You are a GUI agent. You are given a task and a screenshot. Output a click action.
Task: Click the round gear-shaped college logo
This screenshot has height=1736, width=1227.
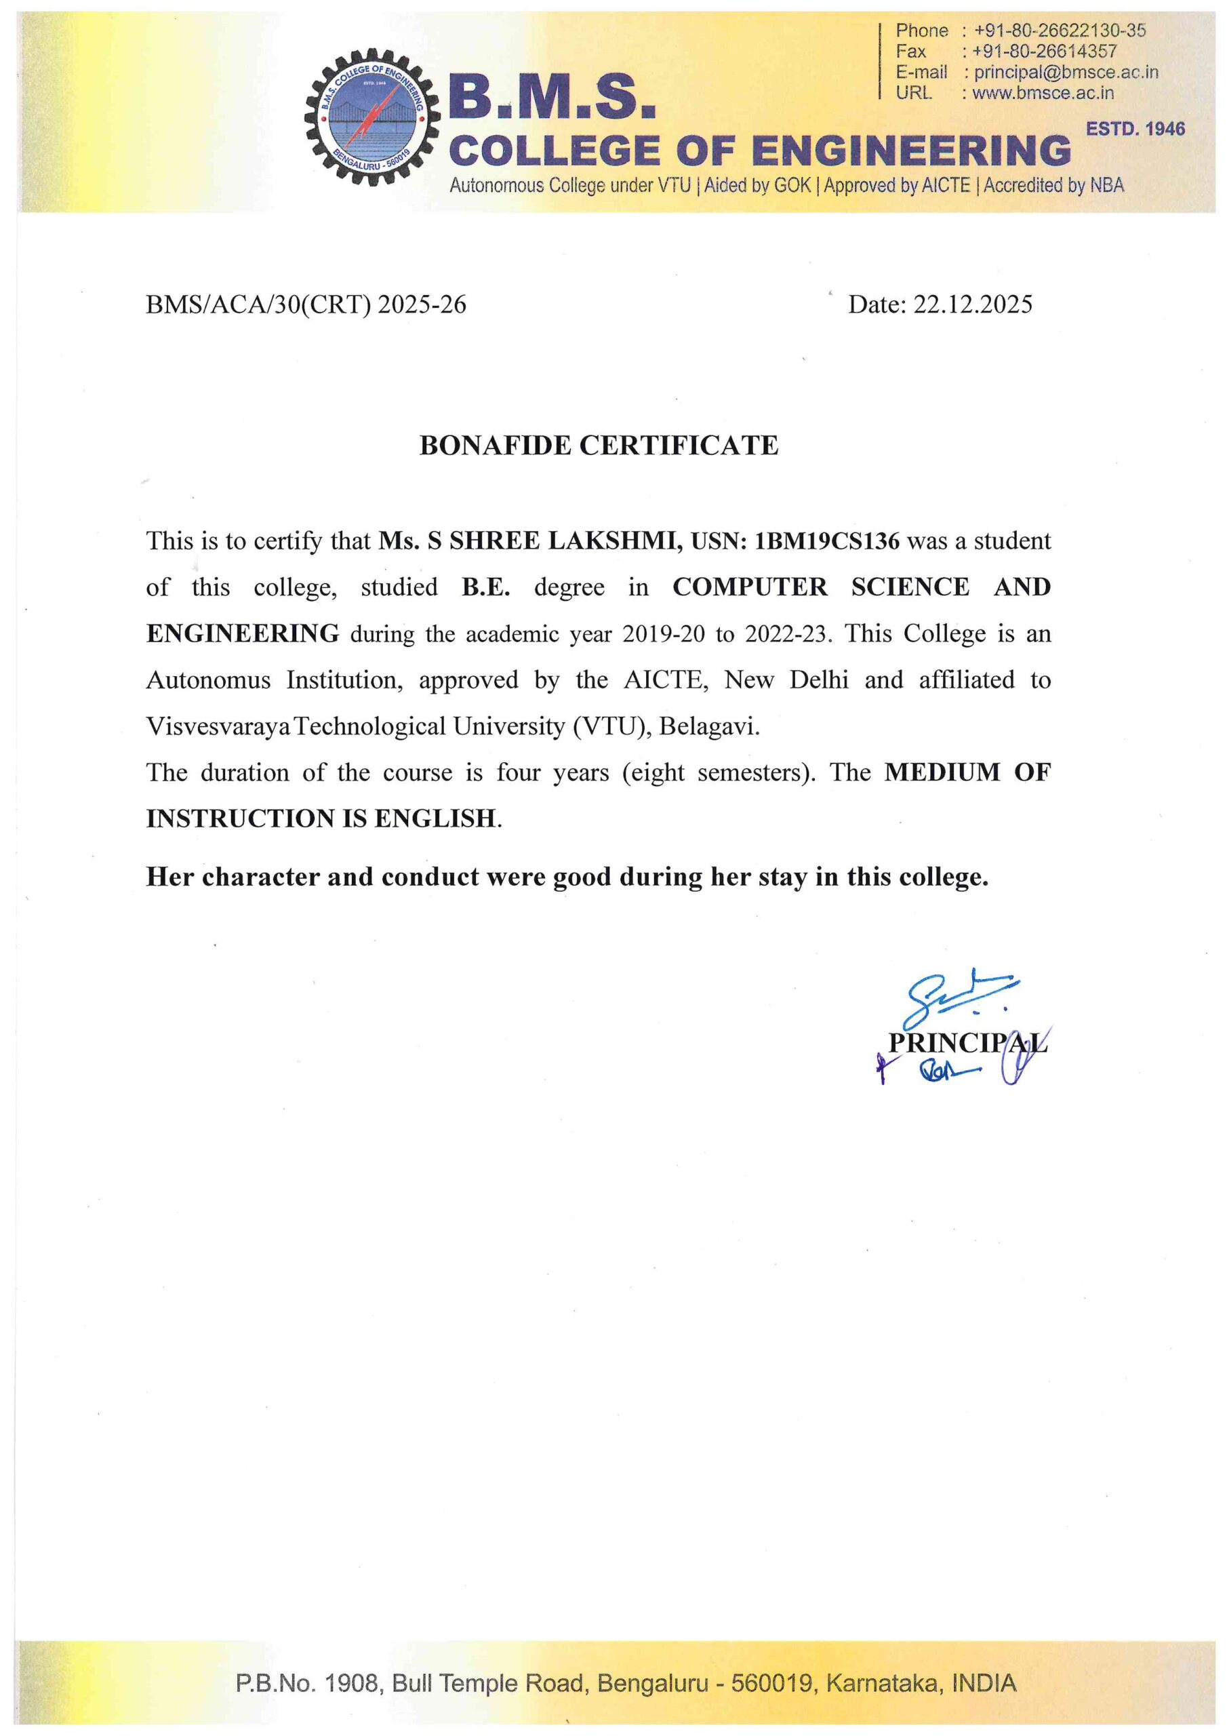(x=371, y=117)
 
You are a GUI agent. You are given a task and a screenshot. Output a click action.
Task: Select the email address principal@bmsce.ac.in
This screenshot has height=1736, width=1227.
(x=1065, y=73)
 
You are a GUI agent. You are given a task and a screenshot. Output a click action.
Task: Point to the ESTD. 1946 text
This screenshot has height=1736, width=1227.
(x=1135, y=130)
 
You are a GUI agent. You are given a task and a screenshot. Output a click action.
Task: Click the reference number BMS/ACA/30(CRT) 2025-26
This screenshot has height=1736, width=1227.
(x=306, y=304)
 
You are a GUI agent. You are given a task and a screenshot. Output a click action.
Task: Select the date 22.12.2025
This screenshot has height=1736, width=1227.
(x=972, y=304)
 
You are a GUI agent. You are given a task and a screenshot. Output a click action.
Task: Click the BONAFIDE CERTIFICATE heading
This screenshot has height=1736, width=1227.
(x=598, y=446)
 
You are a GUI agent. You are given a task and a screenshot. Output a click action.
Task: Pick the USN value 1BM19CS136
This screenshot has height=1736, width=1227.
(x=827, y=541)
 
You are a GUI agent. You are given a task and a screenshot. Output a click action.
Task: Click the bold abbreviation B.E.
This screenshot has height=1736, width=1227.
(x=486, y=587)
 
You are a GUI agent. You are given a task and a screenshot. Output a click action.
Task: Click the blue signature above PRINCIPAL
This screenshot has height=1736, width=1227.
(x=957, y=993)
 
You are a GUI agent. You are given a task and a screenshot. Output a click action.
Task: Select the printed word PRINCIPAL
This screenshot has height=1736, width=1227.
(x=967, y=1043)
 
